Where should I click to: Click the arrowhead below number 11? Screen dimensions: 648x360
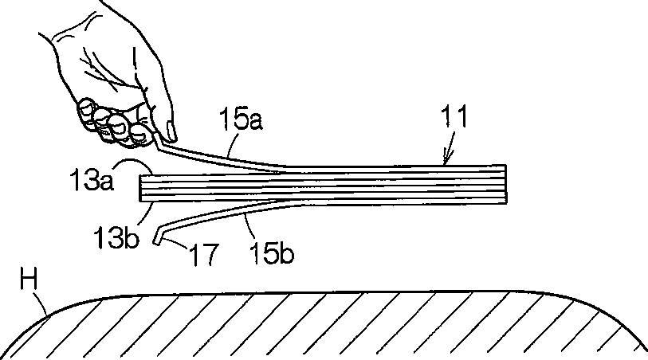[447, 159]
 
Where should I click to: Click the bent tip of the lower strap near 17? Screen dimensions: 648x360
[158, 237]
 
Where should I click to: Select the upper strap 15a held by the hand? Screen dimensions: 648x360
[223, 156]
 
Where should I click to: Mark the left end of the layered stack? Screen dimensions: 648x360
[142, 187]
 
